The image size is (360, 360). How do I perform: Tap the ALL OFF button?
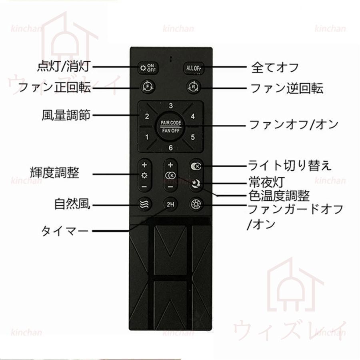click(x=193, y=68)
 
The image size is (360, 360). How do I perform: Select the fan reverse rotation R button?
click(x=193, y=87)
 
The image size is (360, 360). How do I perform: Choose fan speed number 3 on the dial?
click(x=170, y=106)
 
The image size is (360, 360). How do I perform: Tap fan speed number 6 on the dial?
click(x=170, y=147)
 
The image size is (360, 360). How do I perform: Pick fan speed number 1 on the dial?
click(x=147, y=137)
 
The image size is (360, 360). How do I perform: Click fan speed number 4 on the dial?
click(x=193, y=116)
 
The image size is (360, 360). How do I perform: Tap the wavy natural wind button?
click(x=145, y=204)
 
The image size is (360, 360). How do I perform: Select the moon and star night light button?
click(x=196, y=184)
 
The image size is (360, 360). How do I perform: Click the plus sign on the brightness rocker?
click(x=144, y=165)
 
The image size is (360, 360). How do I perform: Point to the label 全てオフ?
click(x=274, y=68)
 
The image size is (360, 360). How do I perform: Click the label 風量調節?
click(x=66, y=115)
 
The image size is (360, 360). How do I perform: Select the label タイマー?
click(x=65, y=231)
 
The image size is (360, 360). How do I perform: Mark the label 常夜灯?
click(x=267, y=182)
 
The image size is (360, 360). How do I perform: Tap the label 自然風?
click(x=72, y=204)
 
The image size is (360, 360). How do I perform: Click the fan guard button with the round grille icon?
click(x=196, y=204)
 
